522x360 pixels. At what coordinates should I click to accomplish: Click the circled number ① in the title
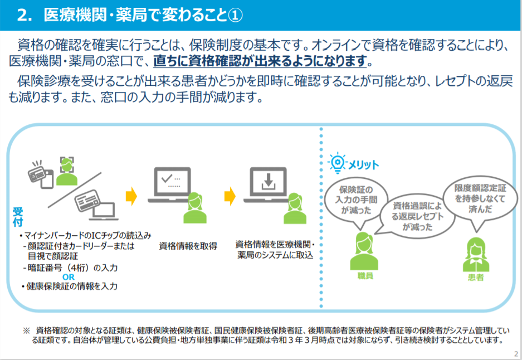point(235,15)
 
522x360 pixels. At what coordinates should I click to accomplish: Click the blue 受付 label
point(18,216)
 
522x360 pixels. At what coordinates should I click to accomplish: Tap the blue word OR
point(69,277)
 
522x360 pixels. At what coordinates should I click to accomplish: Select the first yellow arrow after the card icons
point(131,196)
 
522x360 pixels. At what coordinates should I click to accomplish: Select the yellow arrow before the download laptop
point(230,196)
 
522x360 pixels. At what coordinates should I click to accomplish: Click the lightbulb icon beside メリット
point(337,163)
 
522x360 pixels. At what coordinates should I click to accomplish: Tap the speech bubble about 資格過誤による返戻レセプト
point(417,216)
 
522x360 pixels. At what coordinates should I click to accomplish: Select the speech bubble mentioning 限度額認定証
point(480,199)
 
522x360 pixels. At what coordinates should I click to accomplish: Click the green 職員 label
point(365,276)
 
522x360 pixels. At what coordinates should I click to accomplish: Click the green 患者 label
point(476,278)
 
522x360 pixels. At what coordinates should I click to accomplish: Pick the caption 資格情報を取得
point(188,246)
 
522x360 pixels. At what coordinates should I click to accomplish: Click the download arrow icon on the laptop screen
point(269,182)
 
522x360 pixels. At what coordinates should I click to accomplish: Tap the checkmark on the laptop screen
point(167,178)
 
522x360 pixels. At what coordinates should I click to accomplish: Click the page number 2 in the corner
point(516,354)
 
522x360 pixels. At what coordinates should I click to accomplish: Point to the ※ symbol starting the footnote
point(26,330)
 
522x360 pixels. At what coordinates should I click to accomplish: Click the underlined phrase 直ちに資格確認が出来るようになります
point(260,61)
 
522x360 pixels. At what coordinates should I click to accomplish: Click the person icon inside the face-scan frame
point(67,172)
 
